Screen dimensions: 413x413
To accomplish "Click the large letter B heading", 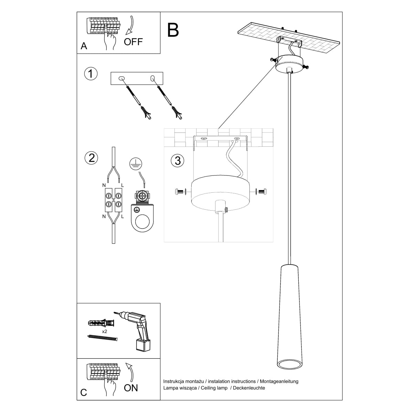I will [173, 30].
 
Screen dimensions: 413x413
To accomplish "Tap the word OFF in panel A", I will [133, 42].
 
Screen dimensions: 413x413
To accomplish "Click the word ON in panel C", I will [131, 388].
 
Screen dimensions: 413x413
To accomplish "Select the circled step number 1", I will [91, 74].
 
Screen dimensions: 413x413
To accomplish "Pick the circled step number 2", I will [91, 158].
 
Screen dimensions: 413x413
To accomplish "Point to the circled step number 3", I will [178, 160].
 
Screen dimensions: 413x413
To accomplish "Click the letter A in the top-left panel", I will [84, 46].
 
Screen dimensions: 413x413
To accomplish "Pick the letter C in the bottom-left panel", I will [84, 393].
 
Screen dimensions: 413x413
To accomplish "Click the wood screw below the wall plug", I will [102, 338].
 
